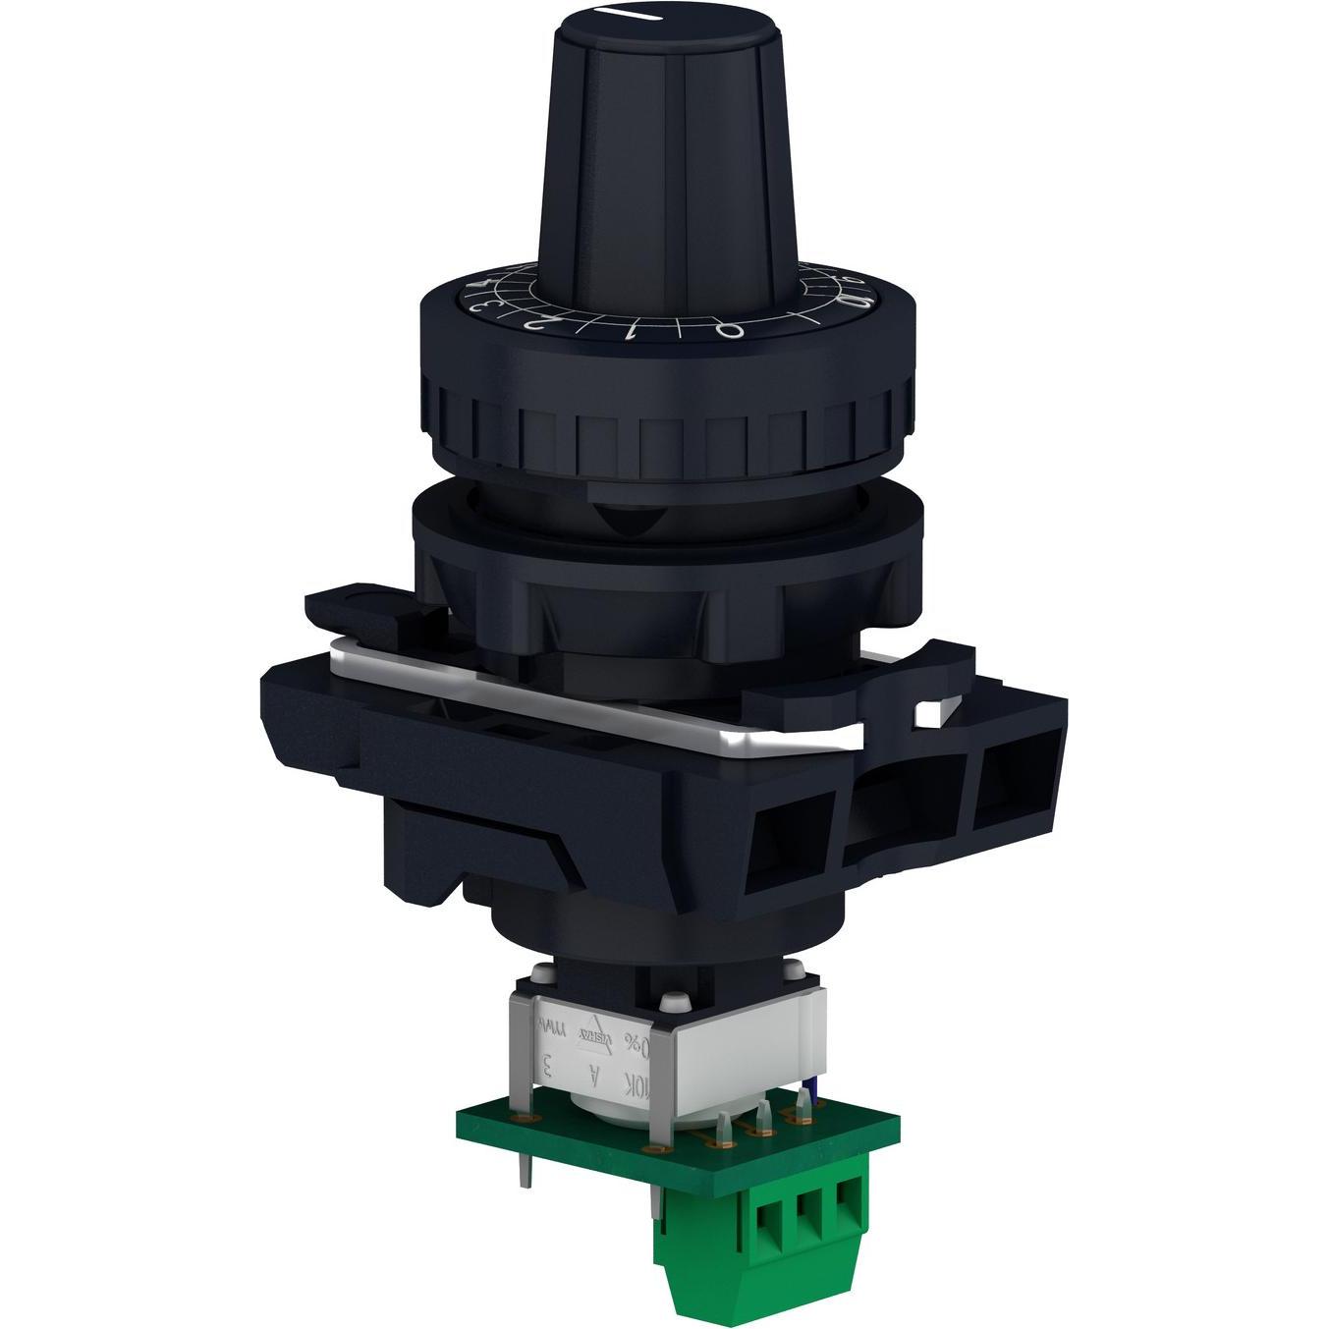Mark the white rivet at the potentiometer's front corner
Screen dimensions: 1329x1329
(x=673, y=1002)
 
